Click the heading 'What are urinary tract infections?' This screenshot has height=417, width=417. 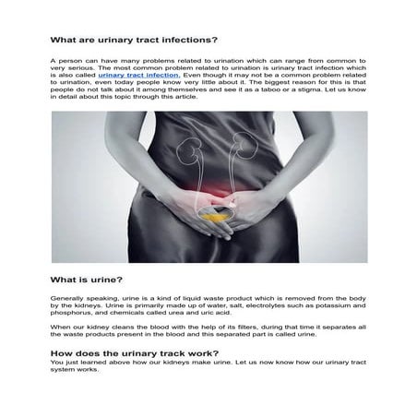pyautogui.click(x=134, y=41)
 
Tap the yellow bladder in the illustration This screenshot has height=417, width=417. pyautogui.click(x=213, y=197)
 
